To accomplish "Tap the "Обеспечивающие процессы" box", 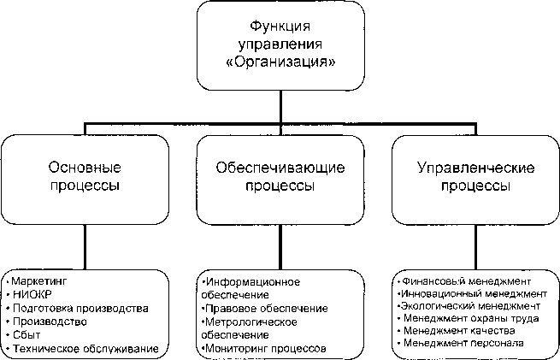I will [x=280, y=176].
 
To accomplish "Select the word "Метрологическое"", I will [x=248, y=322].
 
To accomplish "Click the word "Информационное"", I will [x=248, y=280].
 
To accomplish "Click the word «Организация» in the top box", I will [x=279, y=62].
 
